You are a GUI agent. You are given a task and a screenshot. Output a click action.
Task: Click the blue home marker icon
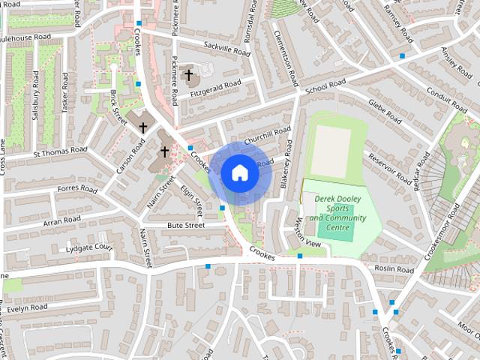click(x=239, y=172)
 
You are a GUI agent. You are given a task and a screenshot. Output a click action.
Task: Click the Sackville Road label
click(x=225, y=50)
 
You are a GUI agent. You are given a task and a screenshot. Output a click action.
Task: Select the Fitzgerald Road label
click(x=216, y=87)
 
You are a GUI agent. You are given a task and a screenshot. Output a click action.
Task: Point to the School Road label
click(x=325, y=86)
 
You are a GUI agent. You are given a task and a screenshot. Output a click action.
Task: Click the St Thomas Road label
click(x=61, y=151)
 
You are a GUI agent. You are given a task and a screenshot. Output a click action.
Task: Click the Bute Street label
click(x=186, y=225)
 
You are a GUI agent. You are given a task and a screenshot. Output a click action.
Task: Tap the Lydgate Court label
click(x=88, y=247)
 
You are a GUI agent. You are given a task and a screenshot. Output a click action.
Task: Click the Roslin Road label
click(x=394, y=269)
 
